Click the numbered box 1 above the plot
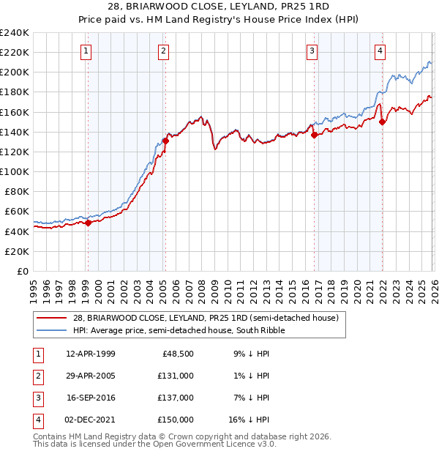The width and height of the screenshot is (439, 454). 86,51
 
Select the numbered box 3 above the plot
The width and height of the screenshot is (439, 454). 312,51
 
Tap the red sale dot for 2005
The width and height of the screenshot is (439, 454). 165,141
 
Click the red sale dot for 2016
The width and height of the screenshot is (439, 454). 314,135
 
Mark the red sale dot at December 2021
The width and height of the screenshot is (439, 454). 382,122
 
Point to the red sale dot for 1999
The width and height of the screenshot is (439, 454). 88,223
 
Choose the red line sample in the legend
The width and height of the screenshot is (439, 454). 53,319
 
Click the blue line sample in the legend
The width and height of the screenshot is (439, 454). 53,330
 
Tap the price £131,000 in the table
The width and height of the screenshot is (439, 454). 176,375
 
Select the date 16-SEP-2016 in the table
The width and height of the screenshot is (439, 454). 90,397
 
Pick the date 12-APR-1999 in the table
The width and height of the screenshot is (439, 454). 90,353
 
